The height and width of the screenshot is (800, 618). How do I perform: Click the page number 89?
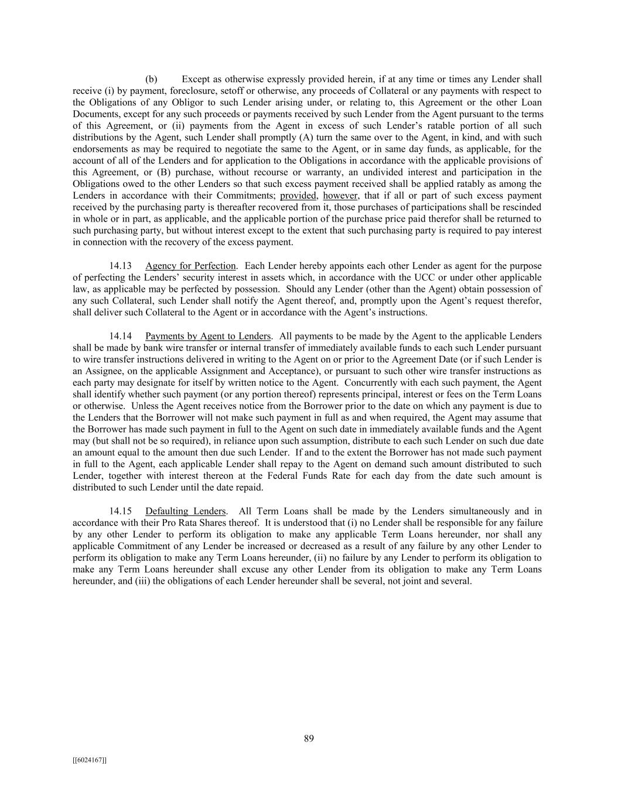[309, 738]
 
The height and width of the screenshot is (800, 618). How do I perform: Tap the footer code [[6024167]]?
[90, 760]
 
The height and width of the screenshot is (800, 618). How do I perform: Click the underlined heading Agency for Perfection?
[190, 265]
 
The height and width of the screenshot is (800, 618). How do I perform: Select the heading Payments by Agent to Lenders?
[208, 336]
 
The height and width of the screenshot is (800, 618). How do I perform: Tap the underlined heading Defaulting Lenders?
[186, 511]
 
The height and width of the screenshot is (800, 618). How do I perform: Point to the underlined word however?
[340, 196]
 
